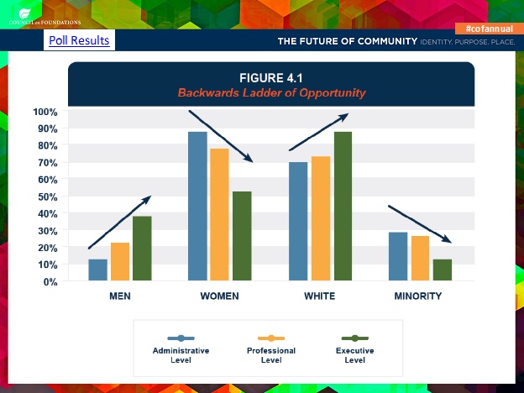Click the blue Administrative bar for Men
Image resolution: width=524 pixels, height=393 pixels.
[x=98, y=270]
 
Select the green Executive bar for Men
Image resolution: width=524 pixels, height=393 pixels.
[x=142, y=249]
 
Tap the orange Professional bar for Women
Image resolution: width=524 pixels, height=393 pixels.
[x=219, y=215]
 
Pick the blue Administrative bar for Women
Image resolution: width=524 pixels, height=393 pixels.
[x=197, y=207]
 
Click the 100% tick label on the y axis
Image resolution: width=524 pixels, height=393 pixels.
[x=45, y=112]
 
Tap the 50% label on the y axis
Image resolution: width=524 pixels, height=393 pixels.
[x=47, y=196]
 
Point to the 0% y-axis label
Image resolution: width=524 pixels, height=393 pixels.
[x=50, y=281]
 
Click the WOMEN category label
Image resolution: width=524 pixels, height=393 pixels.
[x=219, y=296]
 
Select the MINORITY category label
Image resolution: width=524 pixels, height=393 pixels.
[x=417, y=296]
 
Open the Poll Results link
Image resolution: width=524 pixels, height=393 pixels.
[x=79, y=40]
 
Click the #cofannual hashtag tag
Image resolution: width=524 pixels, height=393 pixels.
[x=488, y=29]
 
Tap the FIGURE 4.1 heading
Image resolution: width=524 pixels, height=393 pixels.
[x=271, y=79]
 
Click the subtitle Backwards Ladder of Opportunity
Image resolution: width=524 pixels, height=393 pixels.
[x=271, y=92]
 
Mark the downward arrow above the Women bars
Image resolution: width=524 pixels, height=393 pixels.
[x=220, y=135]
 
